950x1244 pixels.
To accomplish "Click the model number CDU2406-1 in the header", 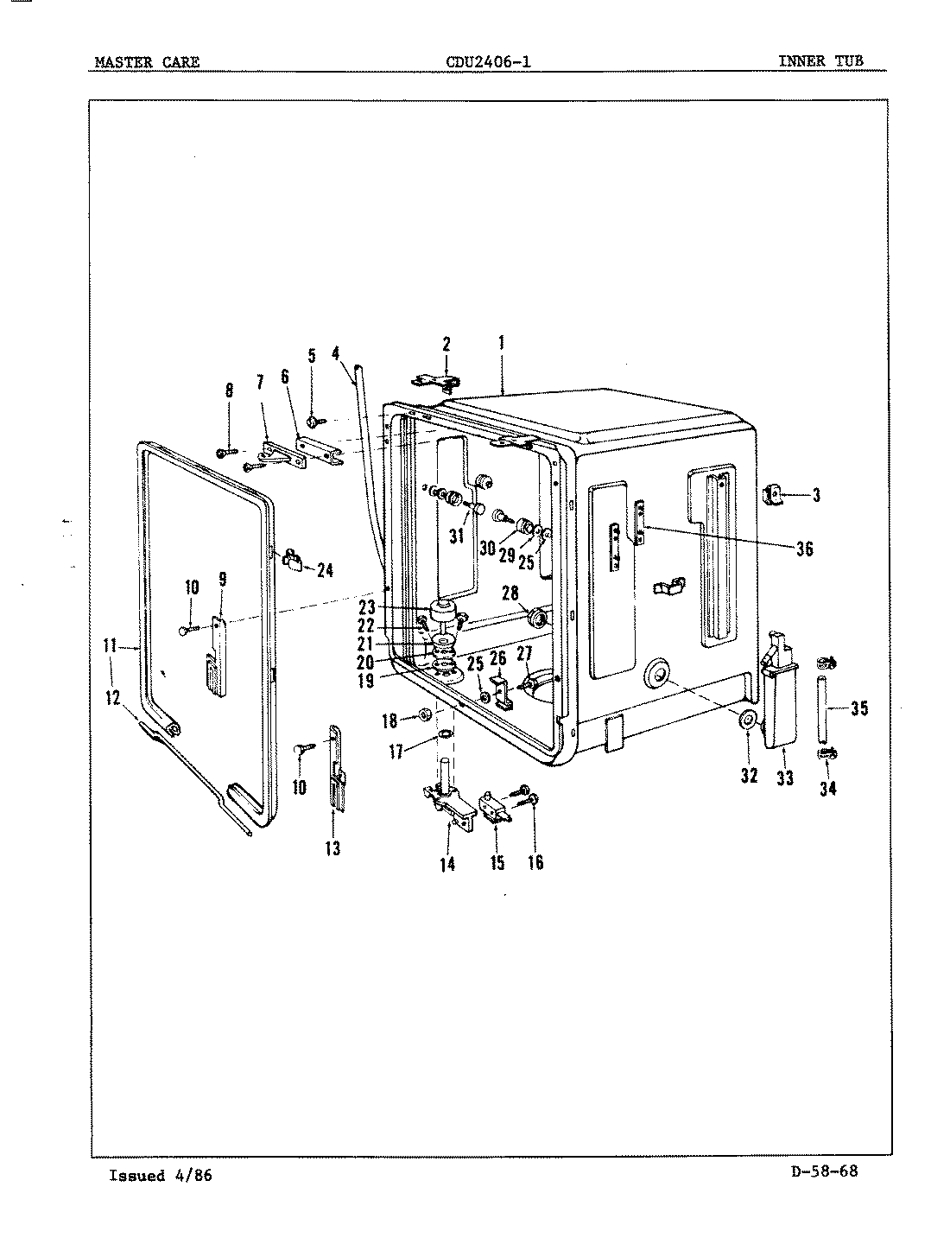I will coord(488,61).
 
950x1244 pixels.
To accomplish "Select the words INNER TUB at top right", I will coord(820,60).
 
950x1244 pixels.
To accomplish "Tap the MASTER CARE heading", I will coord(147,61).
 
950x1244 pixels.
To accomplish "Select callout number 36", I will coord(803,549).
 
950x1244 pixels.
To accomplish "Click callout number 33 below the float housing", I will coord(784,777).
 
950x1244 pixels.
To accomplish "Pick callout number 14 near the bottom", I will coord(447,863).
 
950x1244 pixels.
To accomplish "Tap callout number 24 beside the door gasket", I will coord(325,570).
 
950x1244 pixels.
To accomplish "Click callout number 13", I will coord(332,848).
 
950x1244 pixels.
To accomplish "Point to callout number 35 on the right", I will coord(858,709).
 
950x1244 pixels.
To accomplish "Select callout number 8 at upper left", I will coord(229,390).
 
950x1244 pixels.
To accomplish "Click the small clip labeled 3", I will coord(773,494).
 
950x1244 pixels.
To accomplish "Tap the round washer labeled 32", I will coord(748,720).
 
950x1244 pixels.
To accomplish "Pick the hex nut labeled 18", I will coord(426,715).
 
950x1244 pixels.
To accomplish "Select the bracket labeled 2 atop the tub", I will coord(437,381).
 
